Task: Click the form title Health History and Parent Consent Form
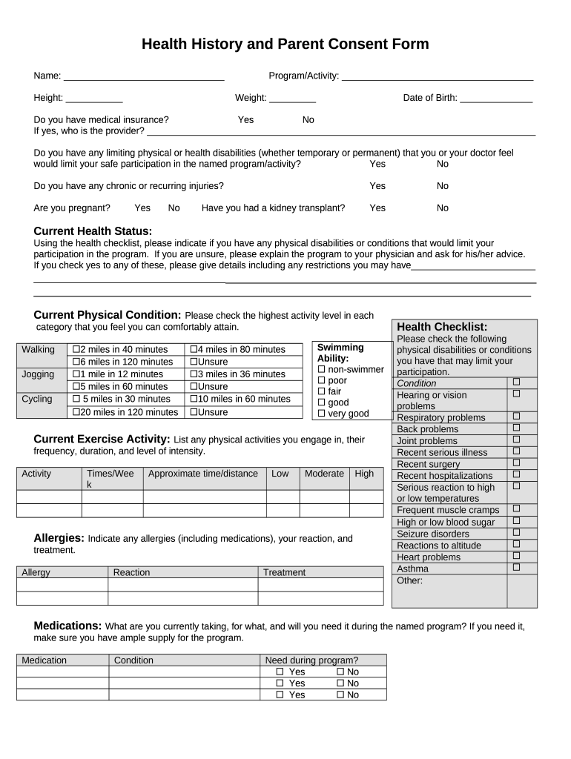pyautogui.click(x=285, y=44)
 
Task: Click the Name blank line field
pyautogui.click(x=144, y=76)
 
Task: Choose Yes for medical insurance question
pyautogui.click(x=245, y=119)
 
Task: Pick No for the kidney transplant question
pyautogui.click(x=442, y=208)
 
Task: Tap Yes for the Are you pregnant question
pyautogui.click(x=142, y=208)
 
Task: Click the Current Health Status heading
pyautogui.click(x=93, y=231)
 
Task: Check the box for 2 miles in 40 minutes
pyautogui.click(x=75, y=350)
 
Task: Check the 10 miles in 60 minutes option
pyautogui.click(x=194, y=399)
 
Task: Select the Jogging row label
pyautogui.click(x=38, y=374)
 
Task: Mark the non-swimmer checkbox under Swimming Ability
pyautogui.click(x=322, y=370)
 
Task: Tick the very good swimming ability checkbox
pyautogui.click(x=322, y=414)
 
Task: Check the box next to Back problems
pyautogui.click(x=516, y=428)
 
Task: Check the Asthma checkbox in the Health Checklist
pyautogui.click(x=516, y=568)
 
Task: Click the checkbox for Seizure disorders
pyautogui.click(x=516, y=533)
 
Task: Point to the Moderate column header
pyautogui.click(x=324, y=474)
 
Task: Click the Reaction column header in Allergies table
pyautogui.click(x=131, y=572)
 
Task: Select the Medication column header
pyautogui.click(x=44, y=660)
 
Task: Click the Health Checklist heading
pyautogui.click(x=442, y=327)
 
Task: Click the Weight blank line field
pyautogui.click(x=292, y=99)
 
